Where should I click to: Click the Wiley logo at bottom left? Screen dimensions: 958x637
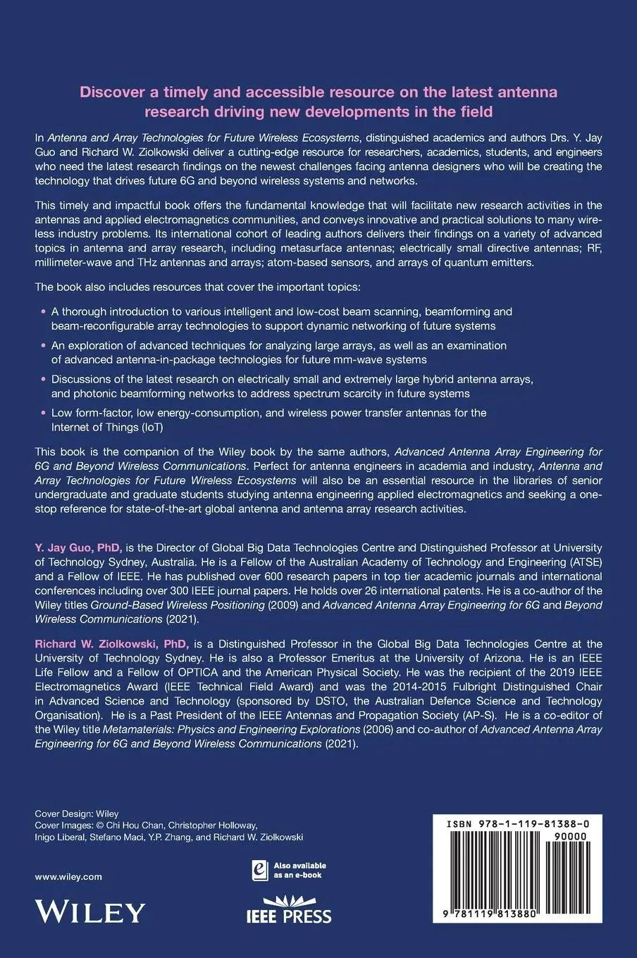point(89,912)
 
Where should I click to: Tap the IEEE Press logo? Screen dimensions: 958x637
point(288,910)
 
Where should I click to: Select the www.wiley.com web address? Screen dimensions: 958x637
point(68,876)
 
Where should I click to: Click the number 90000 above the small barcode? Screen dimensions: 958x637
point(582,836)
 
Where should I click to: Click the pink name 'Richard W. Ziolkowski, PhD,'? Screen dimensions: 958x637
point(112,644)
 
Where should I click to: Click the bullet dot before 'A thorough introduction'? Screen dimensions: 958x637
point(44,311)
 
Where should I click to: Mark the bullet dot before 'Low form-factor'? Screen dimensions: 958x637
point(44,413)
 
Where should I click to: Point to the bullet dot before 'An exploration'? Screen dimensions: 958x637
point(44,345)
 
